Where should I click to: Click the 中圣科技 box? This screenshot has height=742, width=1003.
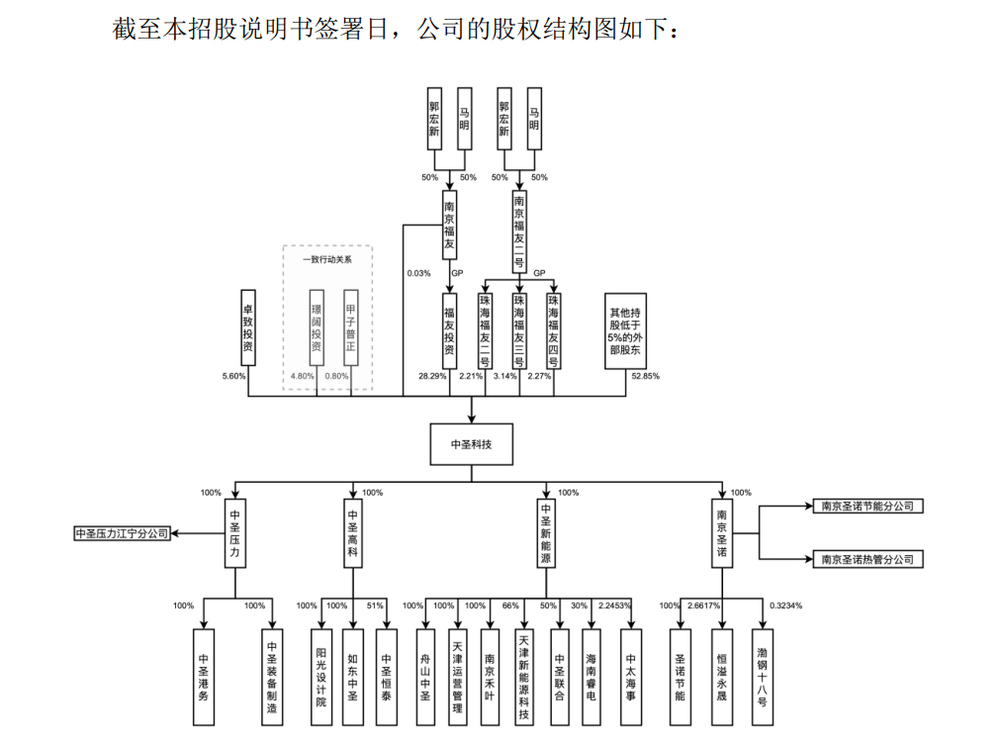(472, 444)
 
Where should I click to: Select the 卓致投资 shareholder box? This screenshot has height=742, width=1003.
(247, 327)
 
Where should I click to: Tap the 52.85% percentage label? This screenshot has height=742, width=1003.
(646, 376)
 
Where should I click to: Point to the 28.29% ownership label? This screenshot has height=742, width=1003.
(432, 376)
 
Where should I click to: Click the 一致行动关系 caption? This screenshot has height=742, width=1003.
(327, 259)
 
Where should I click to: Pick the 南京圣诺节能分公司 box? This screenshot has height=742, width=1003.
(868, 506)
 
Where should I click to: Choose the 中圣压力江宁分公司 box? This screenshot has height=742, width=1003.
(123, 533)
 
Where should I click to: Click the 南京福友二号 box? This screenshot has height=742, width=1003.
(519, 232)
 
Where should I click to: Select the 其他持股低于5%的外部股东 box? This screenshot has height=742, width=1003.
(625, 331)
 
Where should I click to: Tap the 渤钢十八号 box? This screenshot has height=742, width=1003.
(763, 677)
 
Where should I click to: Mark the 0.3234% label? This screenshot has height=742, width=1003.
(785, 605)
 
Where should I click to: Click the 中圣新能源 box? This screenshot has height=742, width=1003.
(546, 533)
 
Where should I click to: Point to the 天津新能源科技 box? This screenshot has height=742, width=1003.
(524, 677)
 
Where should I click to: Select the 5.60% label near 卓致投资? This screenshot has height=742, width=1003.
(233, 376)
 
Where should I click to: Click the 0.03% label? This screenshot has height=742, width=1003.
(419, 273)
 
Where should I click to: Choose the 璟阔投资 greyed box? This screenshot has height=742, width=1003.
(316, 327)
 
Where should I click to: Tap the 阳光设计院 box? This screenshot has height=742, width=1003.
(321, 677)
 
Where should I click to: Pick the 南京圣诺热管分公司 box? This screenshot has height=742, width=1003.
(868, 559)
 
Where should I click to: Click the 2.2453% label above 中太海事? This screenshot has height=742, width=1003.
(614, 605)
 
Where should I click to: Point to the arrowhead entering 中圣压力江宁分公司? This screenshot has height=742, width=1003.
(175, 533)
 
